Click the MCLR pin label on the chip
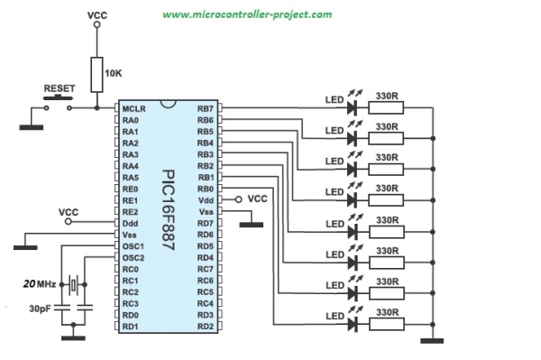[133, 108]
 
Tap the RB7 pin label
[205, 108]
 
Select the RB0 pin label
[205, 189]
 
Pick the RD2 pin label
[205, 326]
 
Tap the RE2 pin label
[131, 211]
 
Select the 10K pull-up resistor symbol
[97, 71]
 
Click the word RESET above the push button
[60, 88]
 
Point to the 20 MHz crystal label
[41, 282]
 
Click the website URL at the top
[246, 15]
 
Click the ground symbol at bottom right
[436, 340]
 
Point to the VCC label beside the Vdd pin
[257, 198]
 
